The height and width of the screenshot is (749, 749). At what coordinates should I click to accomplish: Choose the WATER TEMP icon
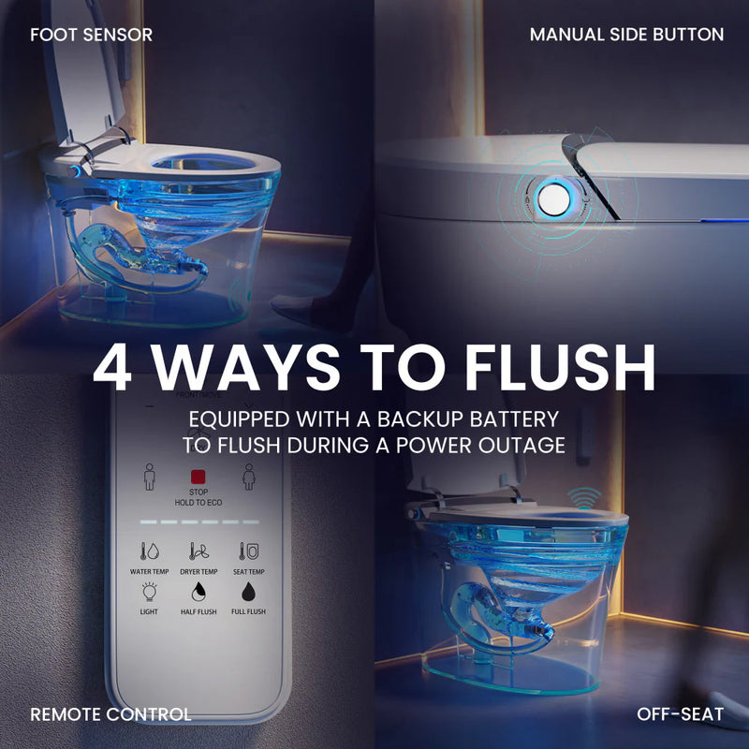click(x=149, y=551)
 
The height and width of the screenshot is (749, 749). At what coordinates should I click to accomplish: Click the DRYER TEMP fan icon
click(x=198, y=551)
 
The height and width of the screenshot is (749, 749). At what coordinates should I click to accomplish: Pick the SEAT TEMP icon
click(x=249, y=551)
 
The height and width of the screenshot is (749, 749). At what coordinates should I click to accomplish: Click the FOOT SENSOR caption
click(x=91, y=35)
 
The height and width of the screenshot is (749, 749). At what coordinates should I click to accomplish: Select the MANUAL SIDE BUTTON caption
click(x=626, y=35)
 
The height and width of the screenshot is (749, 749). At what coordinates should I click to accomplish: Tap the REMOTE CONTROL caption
click(x=110, y=714)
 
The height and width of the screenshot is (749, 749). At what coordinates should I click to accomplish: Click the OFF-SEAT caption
click(x=680, y=714)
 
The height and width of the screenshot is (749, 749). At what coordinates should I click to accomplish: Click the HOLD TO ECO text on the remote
click(x=198, y=503)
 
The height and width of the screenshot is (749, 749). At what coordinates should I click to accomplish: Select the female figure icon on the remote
click(x=249, y=477)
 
